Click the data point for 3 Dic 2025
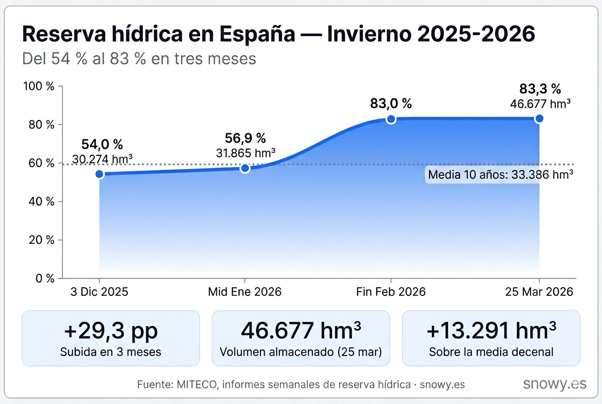tap(100, 174)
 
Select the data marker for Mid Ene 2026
tap(245, 168)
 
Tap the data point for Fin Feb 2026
tap(391, 119)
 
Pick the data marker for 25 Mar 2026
tap(539, 119)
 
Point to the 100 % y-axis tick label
tap(39, 87)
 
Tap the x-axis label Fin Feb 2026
tap(391, 292)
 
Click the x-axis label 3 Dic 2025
tap(99, 292)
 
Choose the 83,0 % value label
tap(391, 103)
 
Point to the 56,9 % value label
tap(245, 138)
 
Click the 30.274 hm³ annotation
tap(102, 158)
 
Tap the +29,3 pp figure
tap(110, 331)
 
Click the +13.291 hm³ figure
tap(491, 331)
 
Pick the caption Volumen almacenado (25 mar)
tap(301, 352)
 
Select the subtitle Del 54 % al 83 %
tap(139, 59)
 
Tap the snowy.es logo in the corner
tap(554, 384)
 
